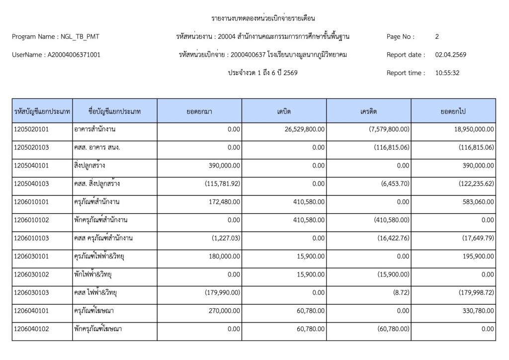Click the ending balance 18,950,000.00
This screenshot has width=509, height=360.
pyautogui.click(x=470, y=130)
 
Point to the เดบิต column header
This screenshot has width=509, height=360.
pyautogui.click(x=284, y=111)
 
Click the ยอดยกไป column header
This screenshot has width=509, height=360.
pyautogui.click(x=453, y=111)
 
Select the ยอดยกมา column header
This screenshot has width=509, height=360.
pyautogui.click(x=200, y=111)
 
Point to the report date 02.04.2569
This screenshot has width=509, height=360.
pyautogui.click(x=450, y=55)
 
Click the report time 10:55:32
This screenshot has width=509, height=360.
pyautogui.click(x=447, y=73)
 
